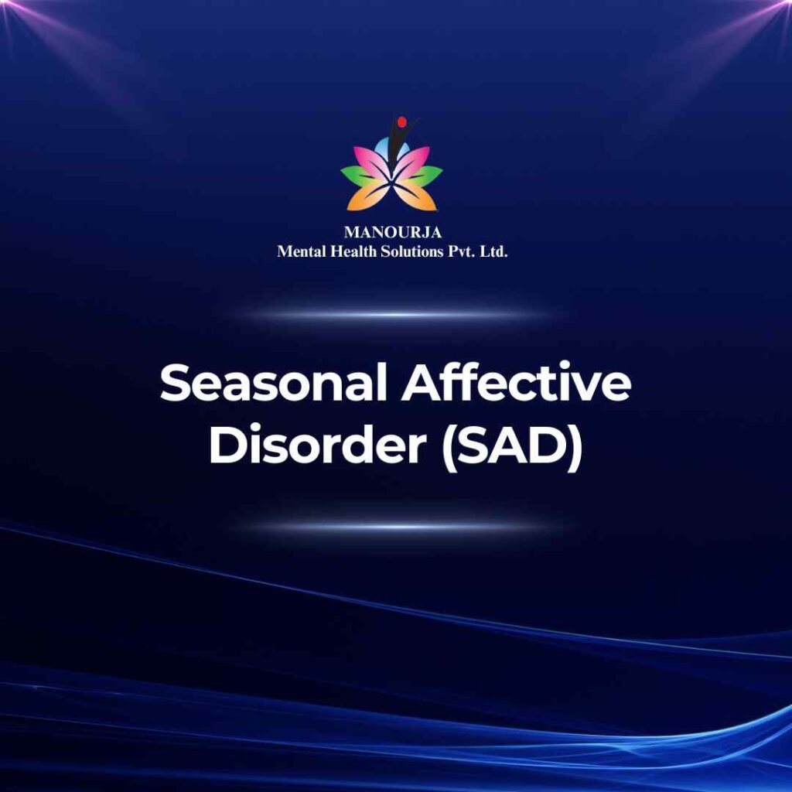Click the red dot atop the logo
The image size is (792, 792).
[402, 121]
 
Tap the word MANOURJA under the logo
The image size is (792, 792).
[393, 232]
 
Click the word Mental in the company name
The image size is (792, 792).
[302, 251]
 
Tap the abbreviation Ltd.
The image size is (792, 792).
[493, 251]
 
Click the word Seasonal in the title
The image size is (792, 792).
[273, 383]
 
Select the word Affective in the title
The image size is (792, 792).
[517, 383]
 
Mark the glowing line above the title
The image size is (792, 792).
[397, 315]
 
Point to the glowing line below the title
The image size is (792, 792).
[397, 527]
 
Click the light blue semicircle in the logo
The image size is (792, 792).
[388, 149]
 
